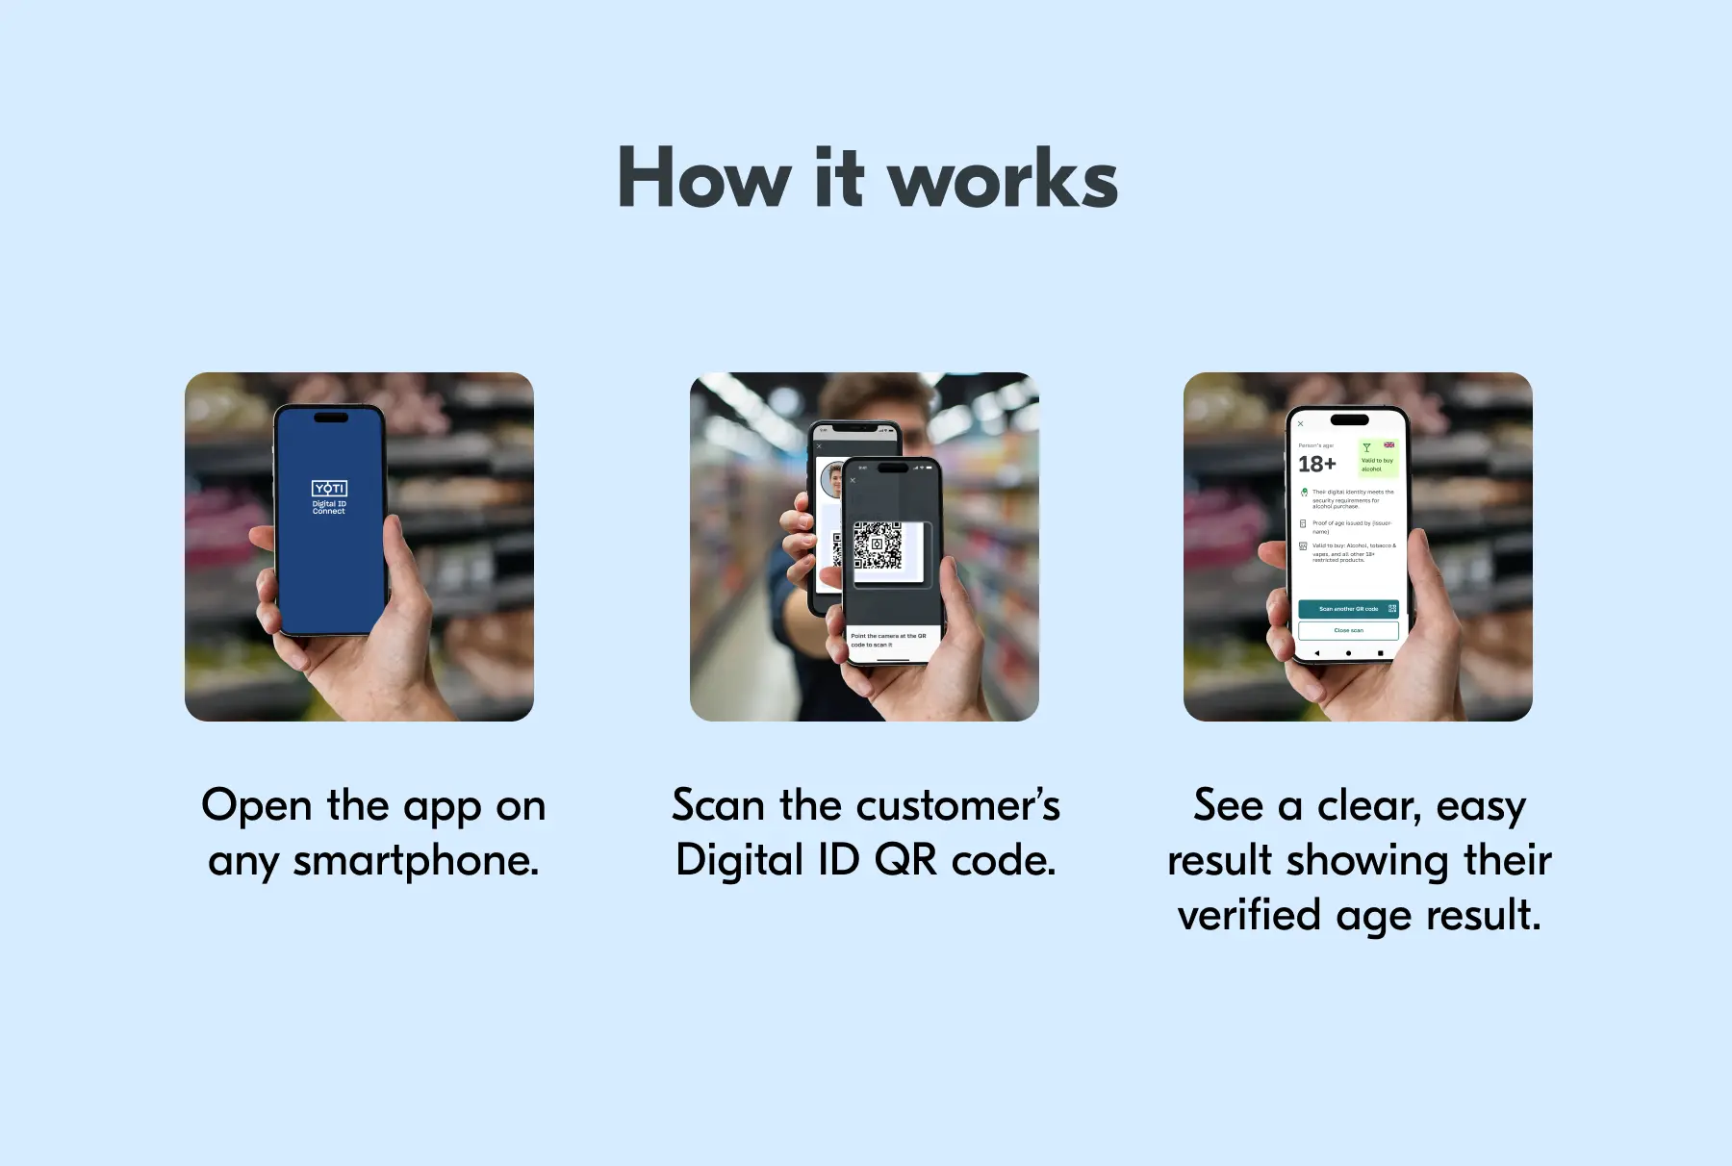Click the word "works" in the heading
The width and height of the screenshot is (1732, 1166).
(x=1002, y=180)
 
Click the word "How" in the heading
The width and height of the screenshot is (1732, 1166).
(x=703, y=180)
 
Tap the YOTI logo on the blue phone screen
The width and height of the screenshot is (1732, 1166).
(x=329, y=489)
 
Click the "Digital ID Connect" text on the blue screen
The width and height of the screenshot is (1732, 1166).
(x=329, y=507)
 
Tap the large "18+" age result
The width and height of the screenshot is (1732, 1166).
(x=1316, y=465)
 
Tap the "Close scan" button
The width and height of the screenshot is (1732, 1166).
(x=1348, y=630)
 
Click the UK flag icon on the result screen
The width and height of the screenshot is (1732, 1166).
(x=1388, y=445)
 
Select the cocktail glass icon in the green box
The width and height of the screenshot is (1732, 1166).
(x=1366, y=448)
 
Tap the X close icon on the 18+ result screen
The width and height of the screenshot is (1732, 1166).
(x=1300, y=423)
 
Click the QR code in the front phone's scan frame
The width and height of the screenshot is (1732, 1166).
(x=878, y=545)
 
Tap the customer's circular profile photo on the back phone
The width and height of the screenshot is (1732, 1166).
(x=830, y=478)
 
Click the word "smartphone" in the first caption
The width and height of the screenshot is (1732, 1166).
(x=415, y=860)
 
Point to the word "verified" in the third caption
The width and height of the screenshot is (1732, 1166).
(x=1248, y=915)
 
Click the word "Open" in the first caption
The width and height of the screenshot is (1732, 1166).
(x=257, y=805)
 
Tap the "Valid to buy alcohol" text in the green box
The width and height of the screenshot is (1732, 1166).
(x=1377, y=465)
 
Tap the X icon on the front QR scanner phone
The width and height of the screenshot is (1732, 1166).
(x=853, y=480)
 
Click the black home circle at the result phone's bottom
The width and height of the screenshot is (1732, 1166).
(x=1348, y=653)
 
